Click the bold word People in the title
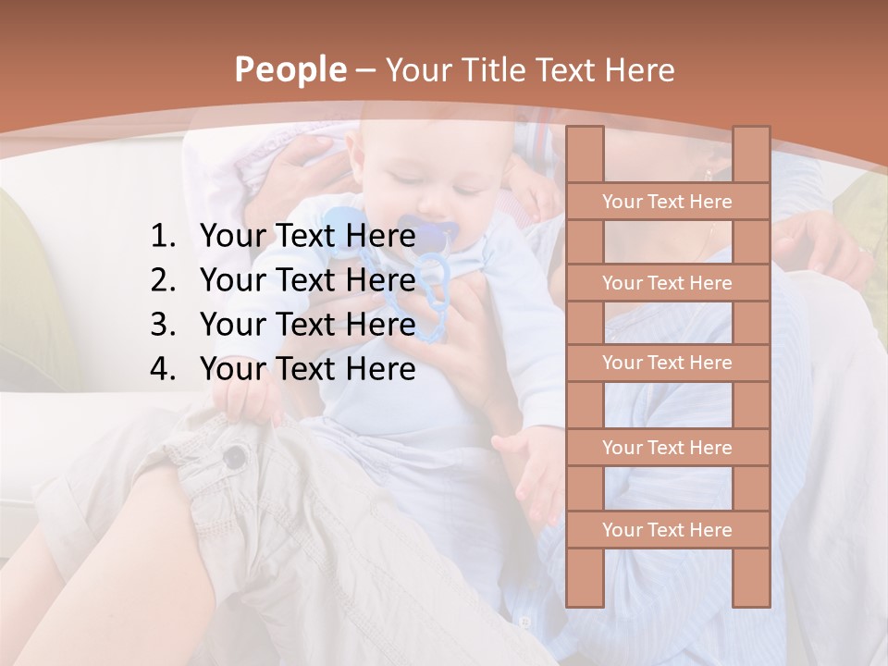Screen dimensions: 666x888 tap(290, 69)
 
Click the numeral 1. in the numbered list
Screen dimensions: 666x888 tap(163, 237)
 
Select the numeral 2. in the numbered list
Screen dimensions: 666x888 tap(163, 280)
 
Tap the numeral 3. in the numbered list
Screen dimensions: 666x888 tap(163, 325)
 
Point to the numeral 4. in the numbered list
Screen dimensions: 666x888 tap(163, 369)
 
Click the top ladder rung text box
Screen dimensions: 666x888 tap(667, 202)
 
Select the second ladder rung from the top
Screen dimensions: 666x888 tap(667, 283)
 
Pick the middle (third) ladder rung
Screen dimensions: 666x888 tap(667, 363)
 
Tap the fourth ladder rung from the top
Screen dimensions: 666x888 tap(667, 448)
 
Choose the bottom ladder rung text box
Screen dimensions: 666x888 tap(667, 530)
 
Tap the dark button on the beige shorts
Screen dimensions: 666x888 tap(237, 455)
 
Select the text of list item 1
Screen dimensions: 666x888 tap(307, 237)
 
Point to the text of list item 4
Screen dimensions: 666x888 tap(307, 369)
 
